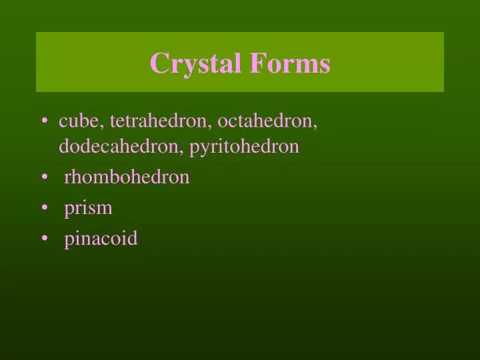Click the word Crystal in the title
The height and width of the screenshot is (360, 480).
pos(197,63)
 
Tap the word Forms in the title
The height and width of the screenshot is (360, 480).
pos(290,63)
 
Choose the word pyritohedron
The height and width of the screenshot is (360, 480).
pos(245,147)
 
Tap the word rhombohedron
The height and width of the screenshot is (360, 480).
pos(127,177)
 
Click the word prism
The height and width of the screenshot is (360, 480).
pos(88,207)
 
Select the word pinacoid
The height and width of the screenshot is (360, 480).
pos(101,238)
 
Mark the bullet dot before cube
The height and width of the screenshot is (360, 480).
pos(44,122)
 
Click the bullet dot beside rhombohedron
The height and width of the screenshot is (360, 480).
pos(44,177)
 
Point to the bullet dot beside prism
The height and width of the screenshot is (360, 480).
pos(44,208)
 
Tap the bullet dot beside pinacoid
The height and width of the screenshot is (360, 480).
pos(44,239)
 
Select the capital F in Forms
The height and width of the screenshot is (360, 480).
pos(257,63)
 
